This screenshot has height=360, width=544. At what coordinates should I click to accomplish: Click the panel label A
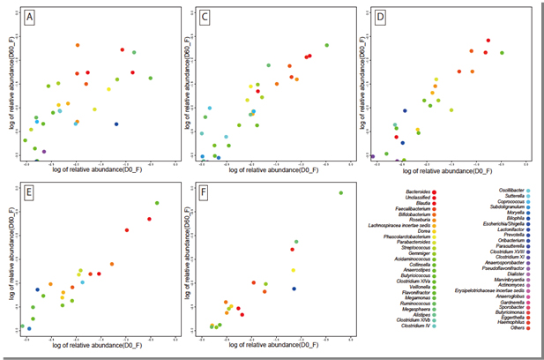29,17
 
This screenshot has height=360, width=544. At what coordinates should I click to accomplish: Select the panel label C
204,17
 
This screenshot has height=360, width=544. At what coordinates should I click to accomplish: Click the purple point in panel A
44,151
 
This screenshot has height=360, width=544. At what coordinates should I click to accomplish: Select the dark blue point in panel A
116,124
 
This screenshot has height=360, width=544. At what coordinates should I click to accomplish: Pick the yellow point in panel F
294,270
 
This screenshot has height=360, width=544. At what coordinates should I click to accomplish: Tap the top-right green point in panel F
340,192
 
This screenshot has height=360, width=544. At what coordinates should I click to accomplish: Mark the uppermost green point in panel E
157,203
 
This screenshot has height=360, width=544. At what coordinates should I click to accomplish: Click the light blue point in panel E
83,282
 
